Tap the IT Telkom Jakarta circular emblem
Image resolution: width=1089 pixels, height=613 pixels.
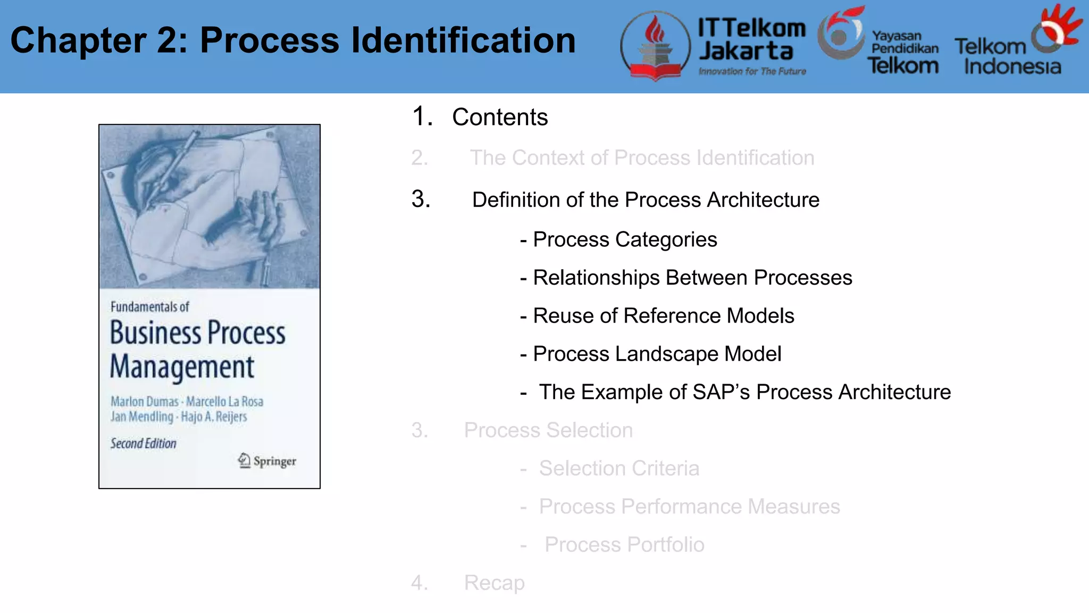(656, 46)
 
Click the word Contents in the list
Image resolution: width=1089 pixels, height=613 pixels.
(500, 117)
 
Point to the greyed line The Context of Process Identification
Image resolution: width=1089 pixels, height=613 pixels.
(642, 158)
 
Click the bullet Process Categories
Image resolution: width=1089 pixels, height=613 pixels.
(624, 239)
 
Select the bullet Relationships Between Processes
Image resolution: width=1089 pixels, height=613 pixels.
(692, 278)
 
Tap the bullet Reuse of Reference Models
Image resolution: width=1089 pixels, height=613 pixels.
(663, 316)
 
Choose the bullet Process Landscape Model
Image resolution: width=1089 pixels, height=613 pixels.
(657, 354)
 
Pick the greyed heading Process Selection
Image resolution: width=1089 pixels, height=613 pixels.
(548, 430)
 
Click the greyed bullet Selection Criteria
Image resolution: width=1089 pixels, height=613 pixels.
(619, 468)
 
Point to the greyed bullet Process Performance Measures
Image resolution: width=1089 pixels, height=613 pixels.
(689, 507)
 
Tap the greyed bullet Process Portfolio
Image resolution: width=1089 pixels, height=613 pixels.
(624, 545)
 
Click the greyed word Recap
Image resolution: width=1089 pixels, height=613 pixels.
(494, 583)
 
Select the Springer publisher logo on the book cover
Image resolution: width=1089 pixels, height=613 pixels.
(267, 460)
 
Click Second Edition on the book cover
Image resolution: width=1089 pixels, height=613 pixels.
(143, 443)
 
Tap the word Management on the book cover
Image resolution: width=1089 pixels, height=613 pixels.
(182, 367)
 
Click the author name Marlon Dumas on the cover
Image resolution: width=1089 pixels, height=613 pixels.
(144, 401)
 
